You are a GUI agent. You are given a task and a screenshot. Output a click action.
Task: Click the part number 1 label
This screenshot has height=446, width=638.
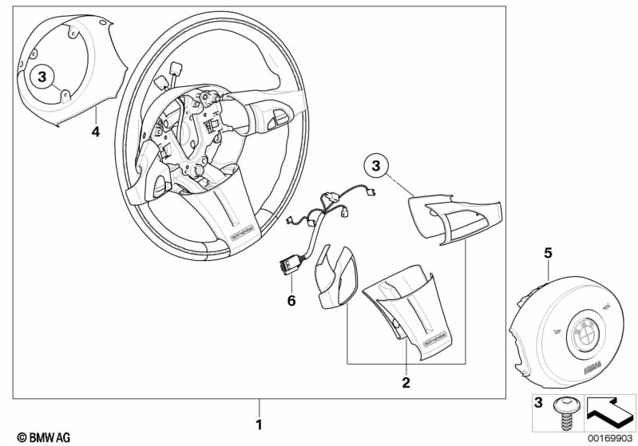(258, 423)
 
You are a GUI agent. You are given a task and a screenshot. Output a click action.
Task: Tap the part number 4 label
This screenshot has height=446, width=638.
(95, 132)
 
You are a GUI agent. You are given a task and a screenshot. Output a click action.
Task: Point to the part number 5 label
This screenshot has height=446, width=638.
(548, 254)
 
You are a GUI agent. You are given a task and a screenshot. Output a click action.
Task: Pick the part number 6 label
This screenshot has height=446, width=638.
(291, 300)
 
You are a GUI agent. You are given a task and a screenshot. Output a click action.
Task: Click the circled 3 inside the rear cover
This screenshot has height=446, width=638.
(43, 77)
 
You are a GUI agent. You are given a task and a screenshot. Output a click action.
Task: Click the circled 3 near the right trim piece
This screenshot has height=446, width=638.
(377, 166)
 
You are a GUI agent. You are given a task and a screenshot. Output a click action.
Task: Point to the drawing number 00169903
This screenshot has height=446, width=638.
(610, 437)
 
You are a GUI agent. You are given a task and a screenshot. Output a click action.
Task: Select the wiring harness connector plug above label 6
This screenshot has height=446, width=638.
(289, 262)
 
